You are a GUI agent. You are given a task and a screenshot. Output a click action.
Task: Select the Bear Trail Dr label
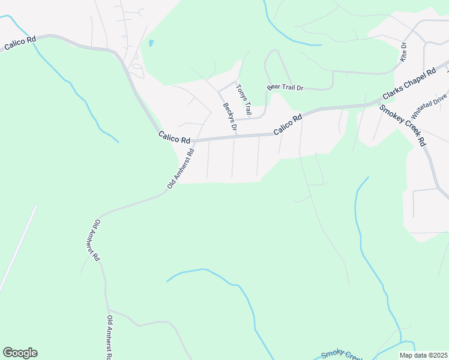(285, 88)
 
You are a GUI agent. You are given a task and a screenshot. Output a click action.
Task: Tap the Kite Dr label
(404, 52)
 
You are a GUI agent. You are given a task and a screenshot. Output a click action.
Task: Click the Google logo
(20, 353)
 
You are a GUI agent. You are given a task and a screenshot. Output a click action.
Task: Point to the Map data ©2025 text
(423, 355)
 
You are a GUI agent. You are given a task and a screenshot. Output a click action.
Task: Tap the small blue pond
(151, 43)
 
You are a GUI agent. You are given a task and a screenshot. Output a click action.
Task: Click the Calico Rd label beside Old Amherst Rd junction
(175, 138)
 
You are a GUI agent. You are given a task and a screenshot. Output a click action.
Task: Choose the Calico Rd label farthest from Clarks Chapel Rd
(20, 42)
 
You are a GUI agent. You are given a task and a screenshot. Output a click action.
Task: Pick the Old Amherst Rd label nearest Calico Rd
(181, 170)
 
